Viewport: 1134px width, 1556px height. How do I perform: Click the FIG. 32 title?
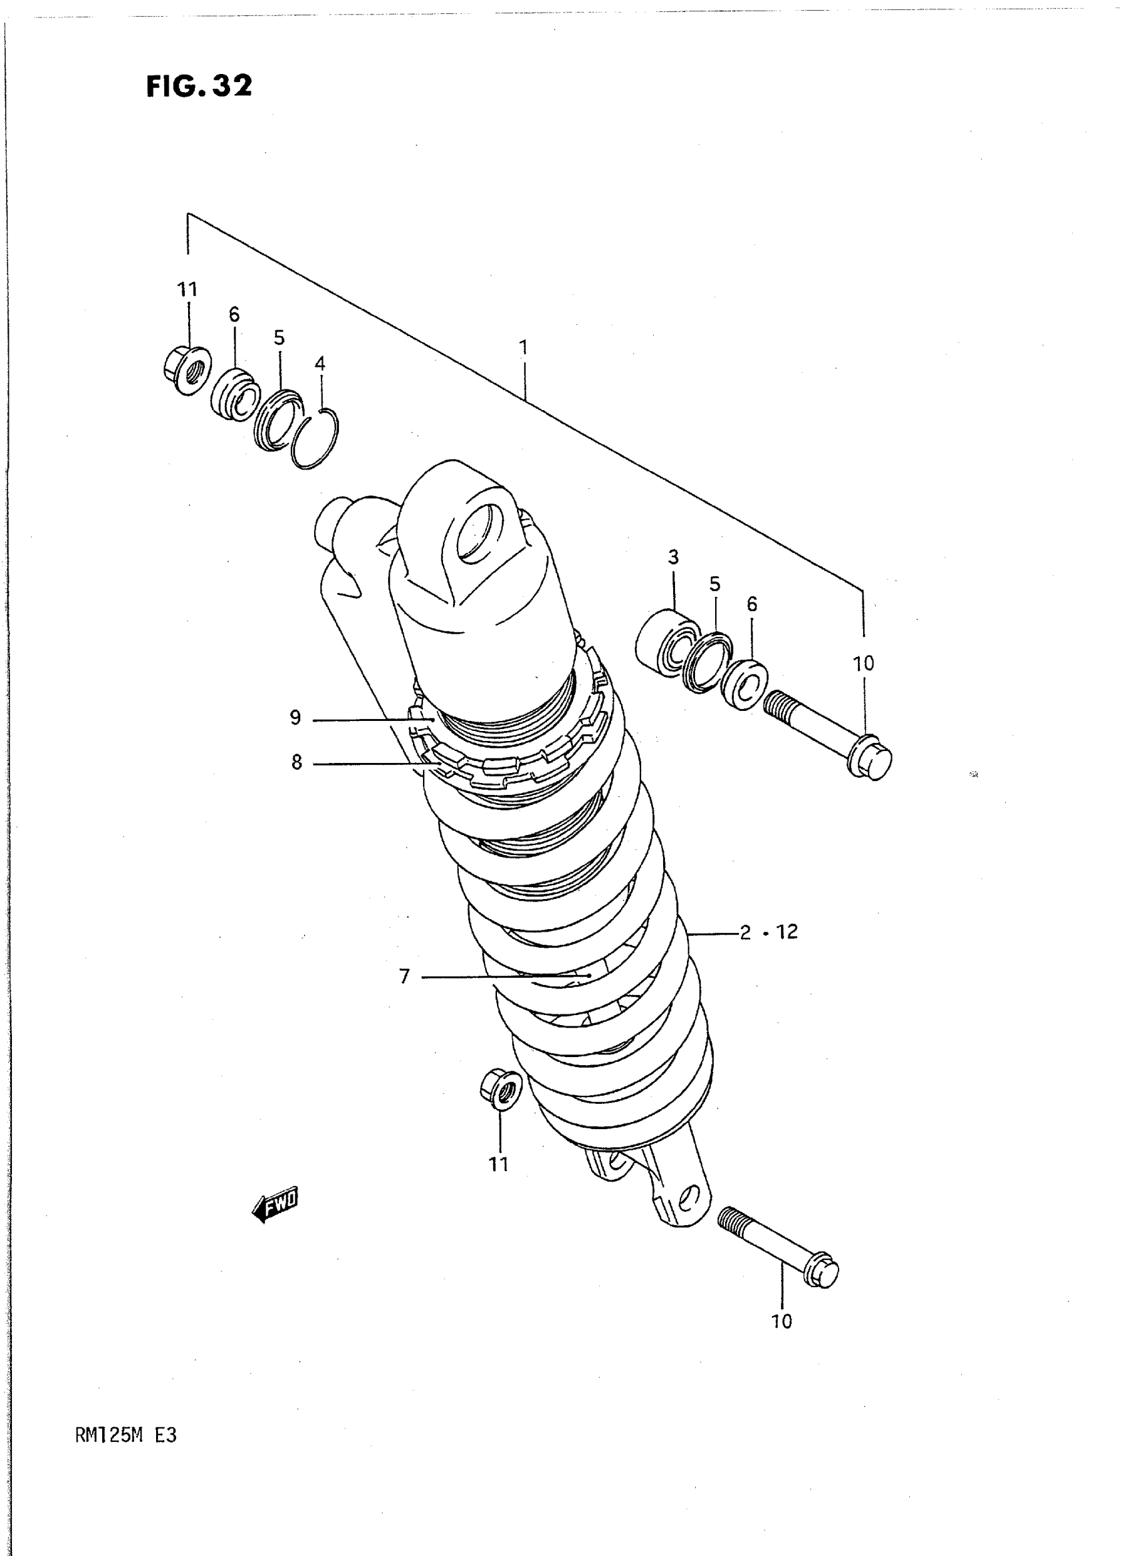click(x=199, y=87)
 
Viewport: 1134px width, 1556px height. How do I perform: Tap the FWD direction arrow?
click(x=275, y=1203)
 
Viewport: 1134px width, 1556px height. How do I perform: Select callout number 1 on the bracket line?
click(x=523, y=348)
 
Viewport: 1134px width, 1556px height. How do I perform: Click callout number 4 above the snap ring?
click(x=320, y=363)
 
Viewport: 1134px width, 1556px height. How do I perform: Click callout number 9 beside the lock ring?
click(x=295, y=718)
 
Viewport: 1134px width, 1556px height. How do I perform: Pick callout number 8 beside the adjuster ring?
click(x=297, y=762)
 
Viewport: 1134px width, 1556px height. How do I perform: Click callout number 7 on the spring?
click(x=404, y=976)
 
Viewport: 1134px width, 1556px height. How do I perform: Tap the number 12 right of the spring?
click(x=786, y=932)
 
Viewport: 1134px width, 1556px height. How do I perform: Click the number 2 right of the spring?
click(x=746, y=933)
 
